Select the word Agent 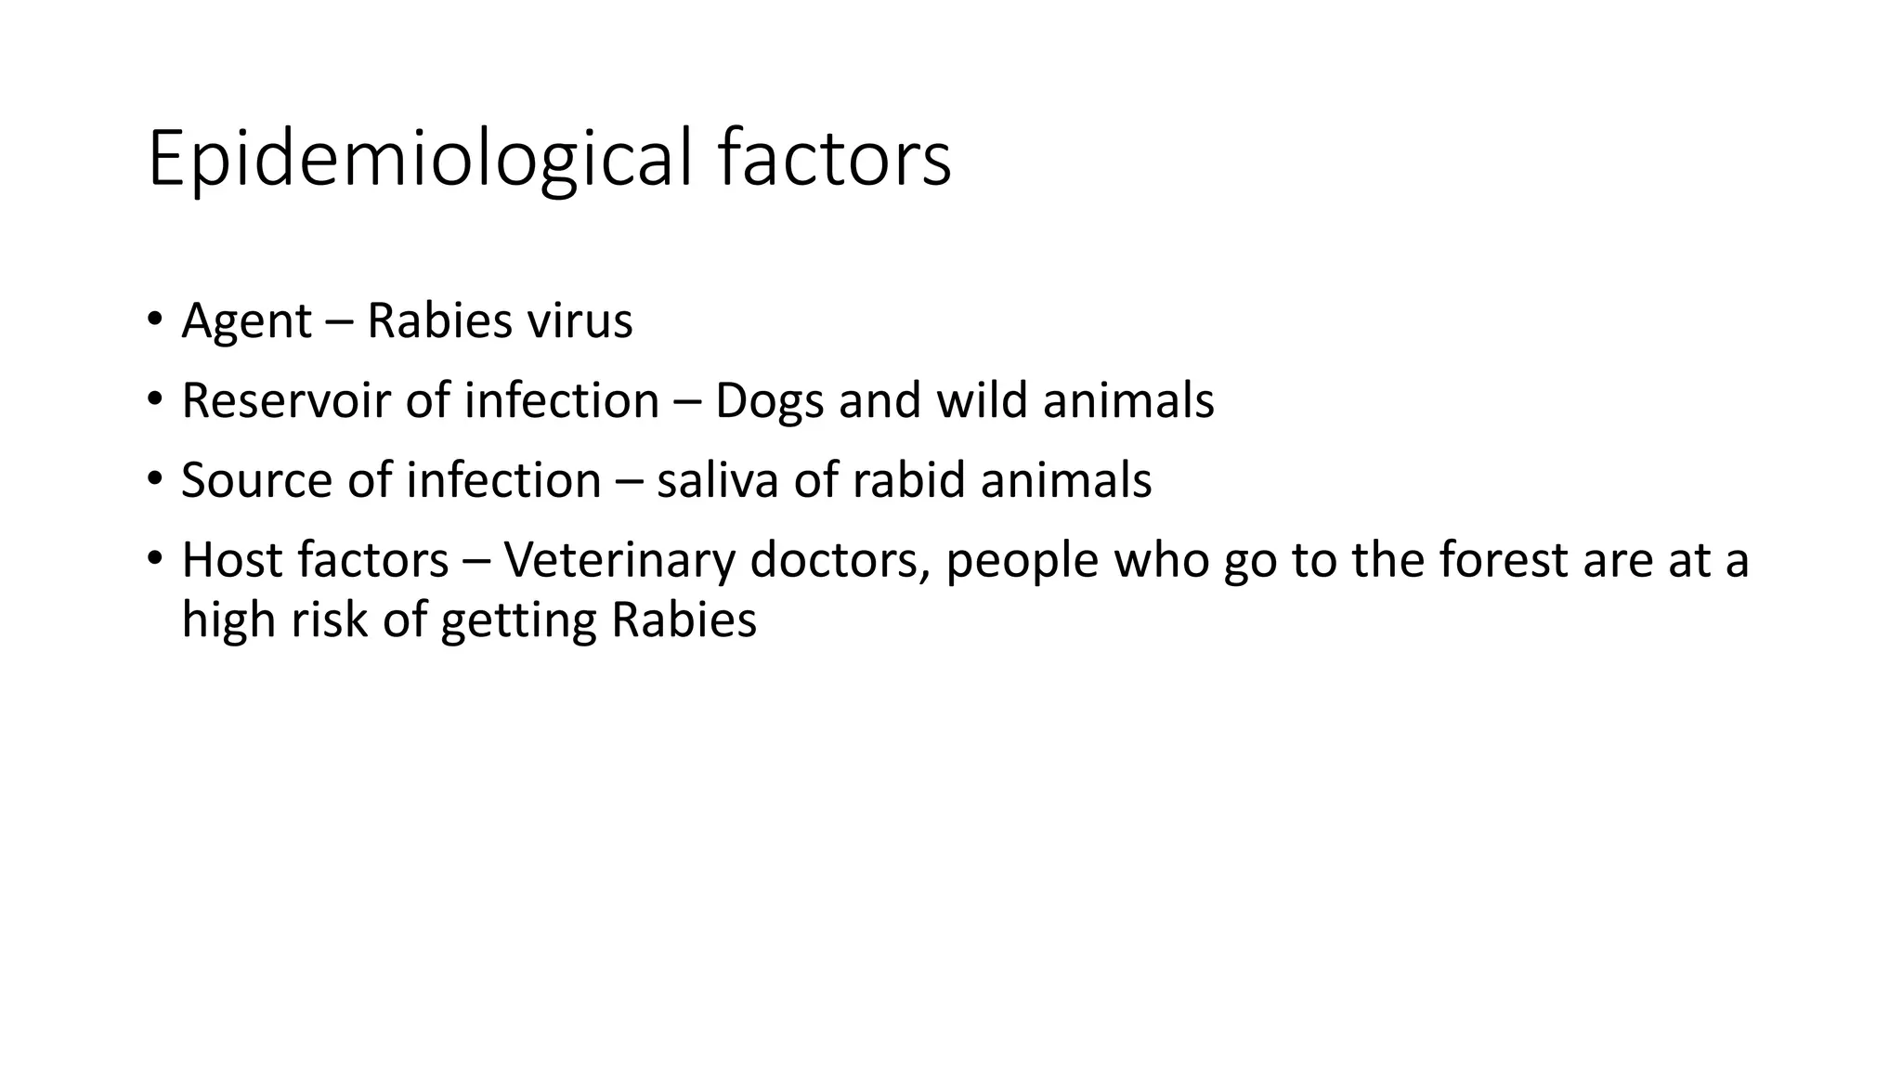pyautogui.click(x=246, y=321)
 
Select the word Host pyautogui.click(x=222, y=560)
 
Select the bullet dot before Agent pyautogui.click(x=154, y=321)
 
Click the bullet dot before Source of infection pyautogui.click(x=154, y=481)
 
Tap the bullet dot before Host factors pyautogui.click(x=154, y=560)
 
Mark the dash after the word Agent pyautogui.click(x=340, y=323)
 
